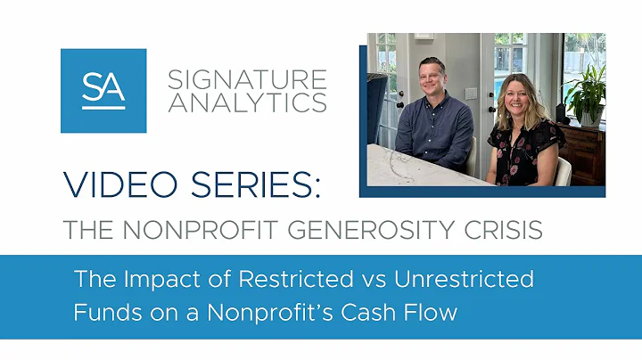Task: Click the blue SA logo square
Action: click(103, 91)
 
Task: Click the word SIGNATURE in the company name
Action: click(247, 80)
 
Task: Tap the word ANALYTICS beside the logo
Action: click(247, 103)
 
